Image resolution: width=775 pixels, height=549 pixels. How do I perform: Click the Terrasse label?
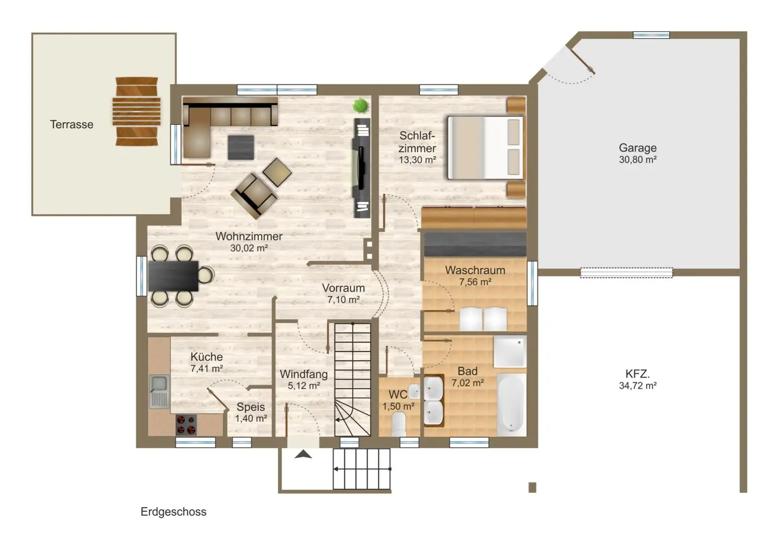coord(72,124)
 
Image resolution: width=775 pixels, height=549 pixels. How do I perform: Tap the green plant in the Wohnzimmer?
coord(361,106)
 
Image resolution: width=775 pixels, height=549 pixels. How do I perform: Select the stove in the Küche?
coord(186,425)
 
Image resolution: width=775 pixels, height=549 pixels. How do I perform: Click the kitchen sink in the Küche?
coord(159,391)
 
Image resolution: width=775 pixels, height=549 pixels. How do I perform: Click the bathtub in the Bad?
coord(511,404)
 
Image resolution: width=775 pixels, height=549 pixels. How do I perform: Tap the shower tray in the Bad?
coord(510,351)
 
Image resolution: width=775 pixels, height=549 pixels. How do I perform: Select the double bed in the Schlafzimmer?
coord(485,148)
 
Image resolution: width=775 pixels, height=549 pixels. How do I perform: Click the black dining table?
coord(173,276)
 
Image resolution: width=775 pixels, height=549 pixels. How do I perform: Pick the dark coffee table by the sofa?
coord(241,147)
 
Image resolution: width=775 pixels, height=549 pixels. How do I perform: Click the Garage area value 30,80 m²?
coord(638,160)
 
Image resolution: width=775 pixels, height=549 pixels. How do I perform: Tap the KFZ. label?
coord(638,374)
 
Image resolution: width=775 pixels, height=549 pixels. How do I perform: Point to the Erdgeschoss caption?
coord(174,512)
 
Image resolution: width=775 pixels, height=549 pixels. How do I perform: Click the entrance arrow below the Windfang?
coord(303,454)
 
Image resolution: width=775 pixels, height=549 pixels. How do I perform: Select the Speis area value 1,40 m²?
coord(251,418)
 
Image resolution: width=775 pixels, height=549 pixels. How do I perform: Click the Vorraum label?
coord(343,288)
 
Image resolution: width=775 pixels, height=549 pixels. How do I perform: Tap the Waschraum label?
coord(475,270)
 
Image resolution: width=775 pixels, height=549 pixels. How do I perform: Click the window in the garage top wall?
coord(651,35)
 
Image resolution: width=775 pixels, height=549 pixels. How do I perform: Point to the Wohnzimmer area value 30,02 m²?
coord(249,248)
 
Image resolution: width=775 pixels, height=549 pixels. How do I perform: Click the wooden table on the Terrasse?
coord(136,112)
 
